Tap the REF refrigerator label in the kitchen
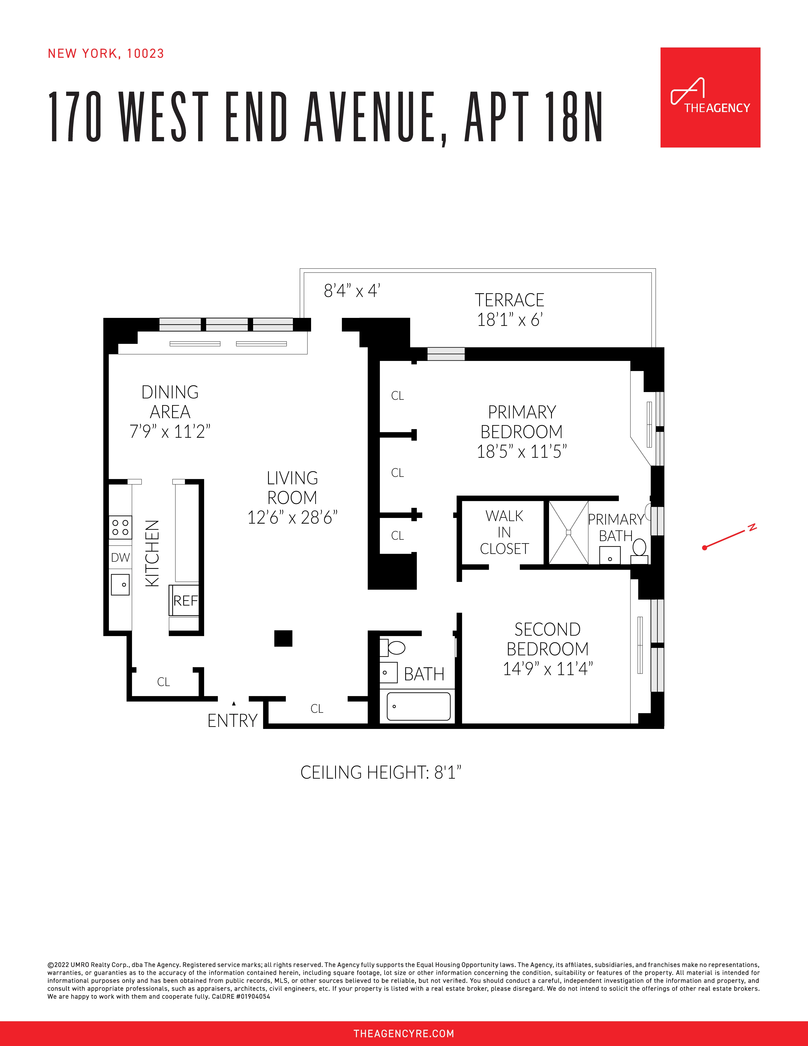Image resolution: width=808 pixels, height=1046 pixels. click(185, 601)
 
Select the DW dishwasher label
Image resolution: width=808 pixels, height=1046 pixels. click(120, 558)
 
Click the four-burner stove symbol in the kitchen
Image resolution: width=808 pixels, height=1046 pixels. click(120, 527)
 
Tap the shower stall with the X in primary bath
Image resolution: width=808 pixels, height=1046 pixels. click(568, 532)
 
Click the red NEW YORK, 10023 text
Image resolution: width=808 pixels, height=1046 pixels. click(106, 54)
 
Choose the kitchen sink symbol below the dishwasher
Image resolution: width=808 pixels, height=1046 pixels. click(120, 584)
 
